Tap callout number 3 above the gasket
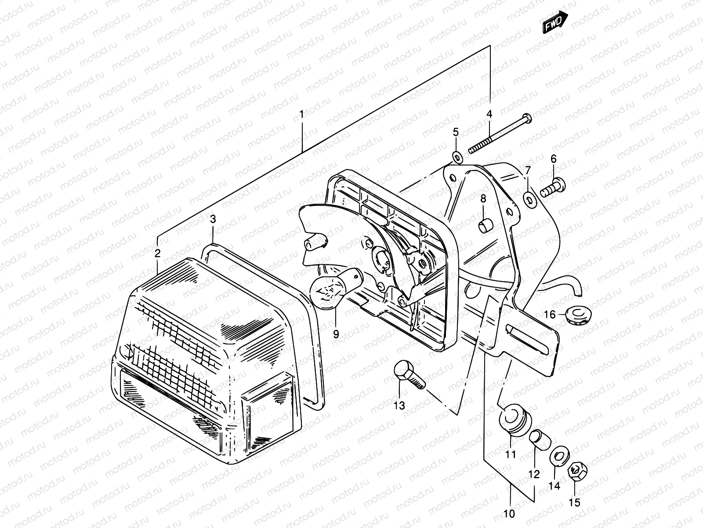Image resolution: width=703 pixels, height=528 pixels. tap(213, 219)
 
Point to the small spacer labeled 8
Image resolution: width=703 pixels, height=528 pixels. tap(485, 227)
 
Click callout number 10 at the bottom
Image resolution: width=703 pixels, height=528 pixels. tap(510, 513)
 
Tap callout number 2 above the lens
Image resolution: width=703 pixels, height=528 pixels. tap(157, 253)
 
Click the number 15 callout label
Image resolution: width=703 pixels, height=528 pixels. tap(575, 502)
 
